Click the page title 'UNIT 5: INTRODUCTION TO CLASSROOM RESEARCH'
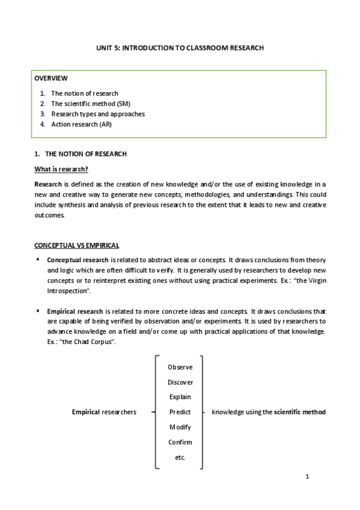coord(180,48)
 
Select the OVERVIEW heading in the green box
coord(50,78)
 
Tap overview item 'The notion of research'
coord(85,93)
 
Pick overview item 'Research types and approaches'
coord(97,114)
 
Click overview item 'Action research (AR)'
coord(81,124)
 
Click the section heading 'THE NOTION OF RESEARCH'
coord(86,154)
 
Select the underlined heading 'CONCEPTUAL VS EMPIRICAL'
coord(76,245)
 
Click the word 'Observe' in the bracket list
coord(180,367)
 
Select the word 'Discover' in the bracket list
coord(180,382)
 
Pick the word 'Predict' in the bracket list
coord(180,412)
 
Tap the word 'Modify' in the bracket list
coord(180,427)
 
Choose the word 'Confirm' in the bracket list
coord(180,442)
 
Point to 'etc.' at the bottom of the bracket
coord(180,458)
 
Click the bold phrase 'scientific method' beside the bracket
coord(300,412)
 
